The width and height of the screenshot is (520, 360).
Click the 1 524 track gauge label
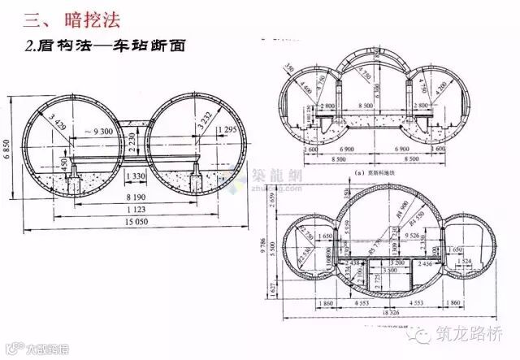pyautogui.click(x=466, y=260)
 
